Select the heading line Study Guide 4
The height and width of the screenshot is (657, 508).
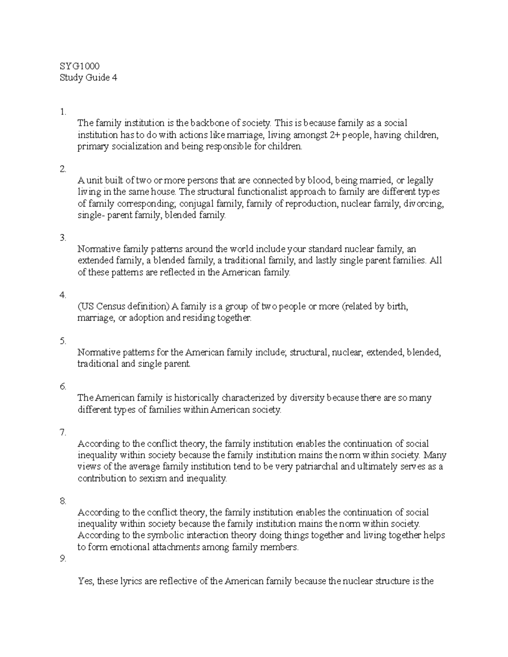(x=88, y=78)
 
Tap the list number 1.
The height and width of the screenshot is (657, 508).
(x=63, y=112)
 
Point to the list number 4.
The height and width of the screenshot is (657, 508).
(x=63, y=295)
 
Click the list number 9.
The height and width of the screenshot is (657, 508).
(x=63, y=558)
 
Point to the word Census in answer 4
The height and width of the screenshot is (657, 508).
(x=111, y=307)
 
